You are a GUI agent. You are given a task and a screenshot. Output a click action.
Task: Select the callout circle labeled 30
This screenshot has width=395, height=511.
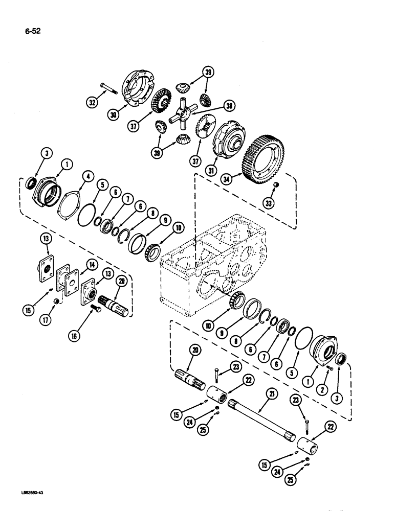[114, 115]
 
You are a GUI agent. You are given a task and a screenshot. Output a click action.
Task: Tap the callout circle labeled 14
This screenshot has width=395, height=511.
[91, 265]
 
